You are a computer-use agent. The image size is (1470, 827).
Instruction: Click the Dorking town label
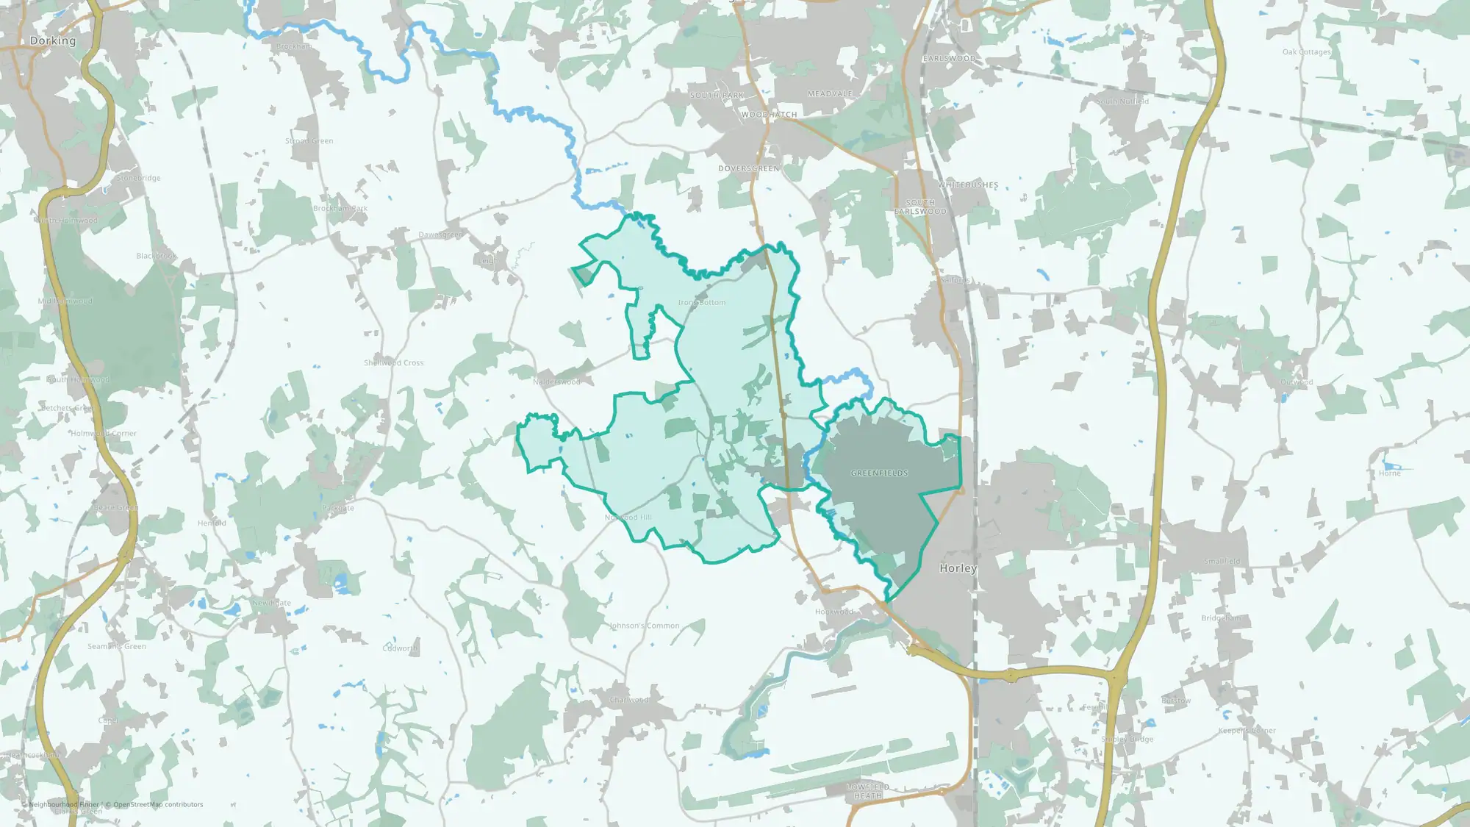pos(53,41)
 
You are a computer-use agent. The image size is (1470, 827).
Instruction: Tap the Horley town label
pos(958,568)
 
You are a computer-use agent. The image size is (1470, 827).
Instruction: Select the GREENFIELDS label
pos(879,473)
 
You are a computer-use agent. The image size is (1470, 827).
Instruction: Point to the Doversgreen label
pos(748,169)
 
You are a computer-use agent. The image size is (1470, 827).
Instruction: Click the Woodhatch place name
pos(769,115)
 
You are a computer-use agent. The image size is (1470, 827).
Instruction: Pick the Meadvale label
pos(830,94)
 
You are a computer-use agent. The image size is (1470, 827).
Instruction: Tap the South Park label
pos(717,96)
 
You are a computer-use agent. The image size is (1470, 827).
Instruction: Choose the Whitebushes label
pos(968,185)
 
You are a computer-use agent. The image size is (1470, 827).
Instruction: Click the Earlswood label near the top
pos(950,58)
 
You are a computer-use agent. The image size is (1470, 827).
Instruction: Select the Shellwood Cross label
pos(393,363)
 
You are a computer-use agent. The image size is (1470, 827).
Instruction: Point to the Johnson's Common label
pos(645,626)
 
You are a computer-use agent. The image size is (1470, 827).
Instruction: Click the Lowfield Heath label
pos(868,791)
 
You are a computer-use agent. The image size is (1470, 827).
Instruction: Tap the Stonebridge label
pos(139,179)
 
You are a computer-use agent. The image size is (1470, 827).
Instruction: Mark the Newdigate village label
pos(272,604)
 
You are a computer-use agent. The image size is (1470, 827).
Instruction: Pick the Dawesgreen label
pos(440,235)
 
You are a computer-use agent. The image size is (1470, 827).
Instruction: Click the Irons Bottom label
pos(702,303)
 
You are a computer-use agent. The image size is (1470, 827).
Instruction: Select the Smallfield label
pos(1222,562)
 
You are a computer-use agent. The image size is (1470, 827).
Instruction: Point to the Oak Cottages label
pos(1306,52)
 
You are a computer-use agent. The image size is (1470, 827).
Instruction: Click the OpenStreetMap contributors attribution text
pos(157,805)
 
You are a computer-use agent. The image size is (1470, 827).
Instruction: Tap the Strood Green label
pos(309,141)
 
